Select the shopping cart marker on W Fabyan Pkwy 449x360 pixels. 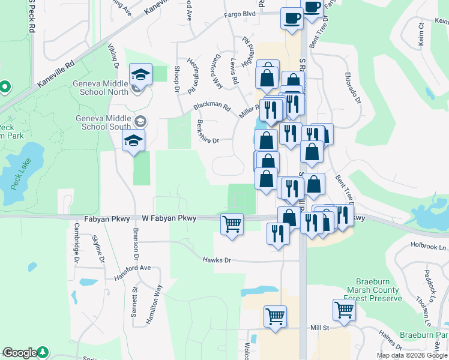pos(232,224)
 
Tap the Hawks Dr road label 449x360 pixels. pos(217,260)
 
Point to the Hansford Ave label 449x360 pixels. pos(132,272)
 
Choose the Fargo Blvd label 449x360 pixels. pos(240,14)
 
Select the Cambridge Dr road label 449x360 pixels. pos(77,242)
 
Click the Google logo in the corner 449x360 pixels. pos(20,353)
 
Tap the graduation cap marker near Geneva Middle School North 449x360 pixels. pos(140,75)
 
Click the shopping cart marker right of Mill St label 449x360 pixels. pos(344,310)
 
